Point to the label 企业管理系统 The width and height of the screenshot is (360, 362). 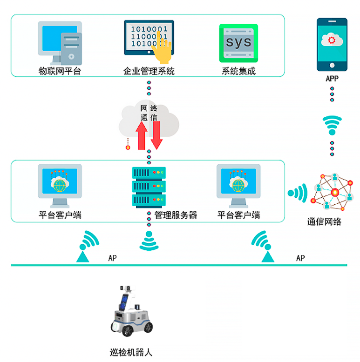pyautogui.click(x=149, y=71)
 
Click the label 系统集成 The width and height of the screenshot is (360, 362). pyautogui.click(x=238, y=71)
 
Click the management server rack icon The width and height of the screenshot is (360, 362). pyautogui.click(x=149, y=187)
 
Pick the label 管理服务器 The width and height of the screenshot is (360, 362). pyautogui.click(x=176, y=215)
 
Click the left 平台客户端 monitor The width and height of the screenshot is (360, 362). pyautogui.click(x=60, y=185)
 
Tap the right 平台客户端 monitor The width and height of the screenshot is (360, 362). pyautogui.click(x=238, y=185)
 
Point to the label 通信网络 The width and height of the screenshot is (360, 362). pyautogui.click(x=324, y=222)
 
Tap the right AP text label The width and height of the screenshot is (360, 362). pyautogui.click(x=300, y=258)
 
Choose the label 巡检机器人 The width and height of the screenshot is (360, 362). pyautogui.click(x=131, y=352)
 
